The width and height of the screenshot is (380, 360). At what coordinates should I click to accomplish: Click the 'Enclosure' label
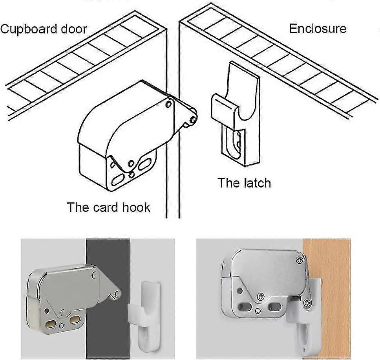coord(318,29)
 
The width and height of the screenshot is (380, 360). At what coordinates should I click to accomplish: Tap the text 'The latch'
coord(244,183)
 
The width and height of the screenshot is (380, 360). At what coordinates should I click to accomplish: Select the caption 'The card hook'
coord(108,207)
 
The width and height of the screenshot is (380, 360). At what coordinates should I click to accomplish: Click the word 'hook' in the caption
coord(135,207)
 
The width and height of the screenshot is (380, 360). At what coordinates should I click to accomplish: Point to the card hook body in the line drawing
coord(126,134)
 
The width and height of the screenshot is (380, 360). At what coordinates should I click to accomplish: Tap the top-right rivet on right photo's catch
coord(300,260)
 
